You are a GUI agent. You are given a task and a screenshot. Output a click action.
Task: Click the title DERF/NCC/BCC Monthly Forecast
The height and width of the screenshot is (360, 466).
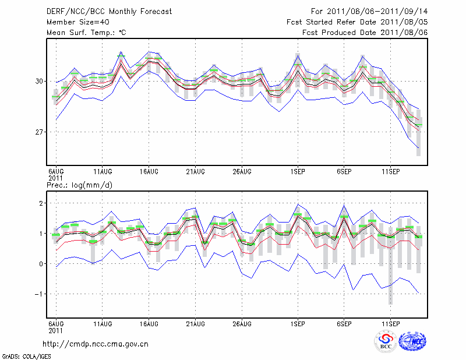[x=109, y=12]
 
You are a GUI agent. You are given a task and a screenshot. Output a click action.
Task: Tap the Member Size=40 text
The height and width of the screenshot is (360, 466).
[x=77, y=22]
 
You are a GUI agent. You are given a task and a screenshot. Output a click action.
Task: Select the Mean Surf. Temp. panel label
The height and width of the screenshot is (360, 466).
[x=86, y=33]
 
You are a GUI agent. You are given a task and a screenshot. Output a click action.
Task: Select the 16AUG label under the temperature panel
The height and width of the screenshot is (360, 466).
[x=149, y=172]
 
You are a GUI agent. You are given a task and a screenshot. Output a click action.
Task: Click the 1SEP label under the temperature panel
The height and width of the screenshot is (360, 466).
[x=298, y=172]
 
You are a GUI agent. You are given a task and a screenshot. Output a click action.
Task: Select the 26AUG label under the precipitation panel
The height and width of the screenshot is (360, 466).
[x=242, y=323]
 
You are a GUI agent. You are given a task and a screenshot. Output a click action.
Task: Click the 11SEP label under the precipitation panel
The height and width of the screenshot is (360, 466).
[x=390, y=323]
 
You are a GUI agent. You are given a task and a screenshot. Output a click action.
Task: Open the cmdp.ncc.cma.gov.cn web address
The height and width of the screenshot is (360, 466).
[x=96, y=344]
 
